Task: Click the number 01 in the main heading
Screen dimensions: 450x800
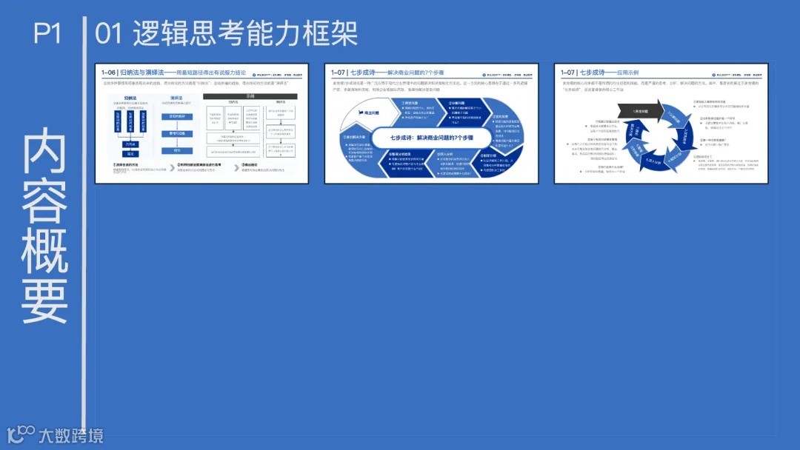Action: [109, 33]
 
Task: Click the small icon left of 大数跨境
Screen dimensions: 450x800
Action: [20, 434]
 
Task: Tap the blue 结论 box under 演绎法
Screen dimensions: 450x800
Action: [177, 150]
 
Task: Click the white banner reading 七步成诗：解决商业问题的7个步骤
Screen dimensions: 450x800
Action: [432, 138]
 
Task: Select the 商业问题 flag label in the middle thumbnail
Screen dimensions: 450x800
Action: [368, 113]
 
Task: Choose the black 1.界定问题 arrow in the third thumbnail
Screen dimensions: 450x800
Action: [641, 110]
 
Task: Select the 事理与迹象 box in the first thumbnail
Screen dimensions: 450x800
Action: [177, 133]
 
